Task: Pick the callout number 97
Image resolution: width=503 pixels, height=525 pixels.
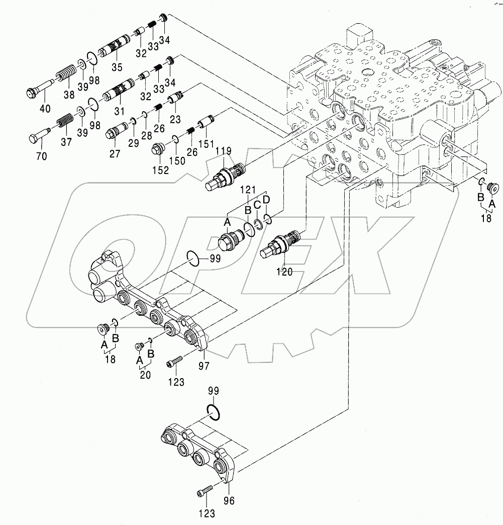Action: click(204, 365)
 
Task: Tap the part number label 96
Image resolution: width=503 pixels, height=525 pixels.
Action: click(229, 500)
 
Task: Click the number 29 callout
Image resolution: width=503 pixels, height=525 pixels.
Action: click(134, 143)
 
